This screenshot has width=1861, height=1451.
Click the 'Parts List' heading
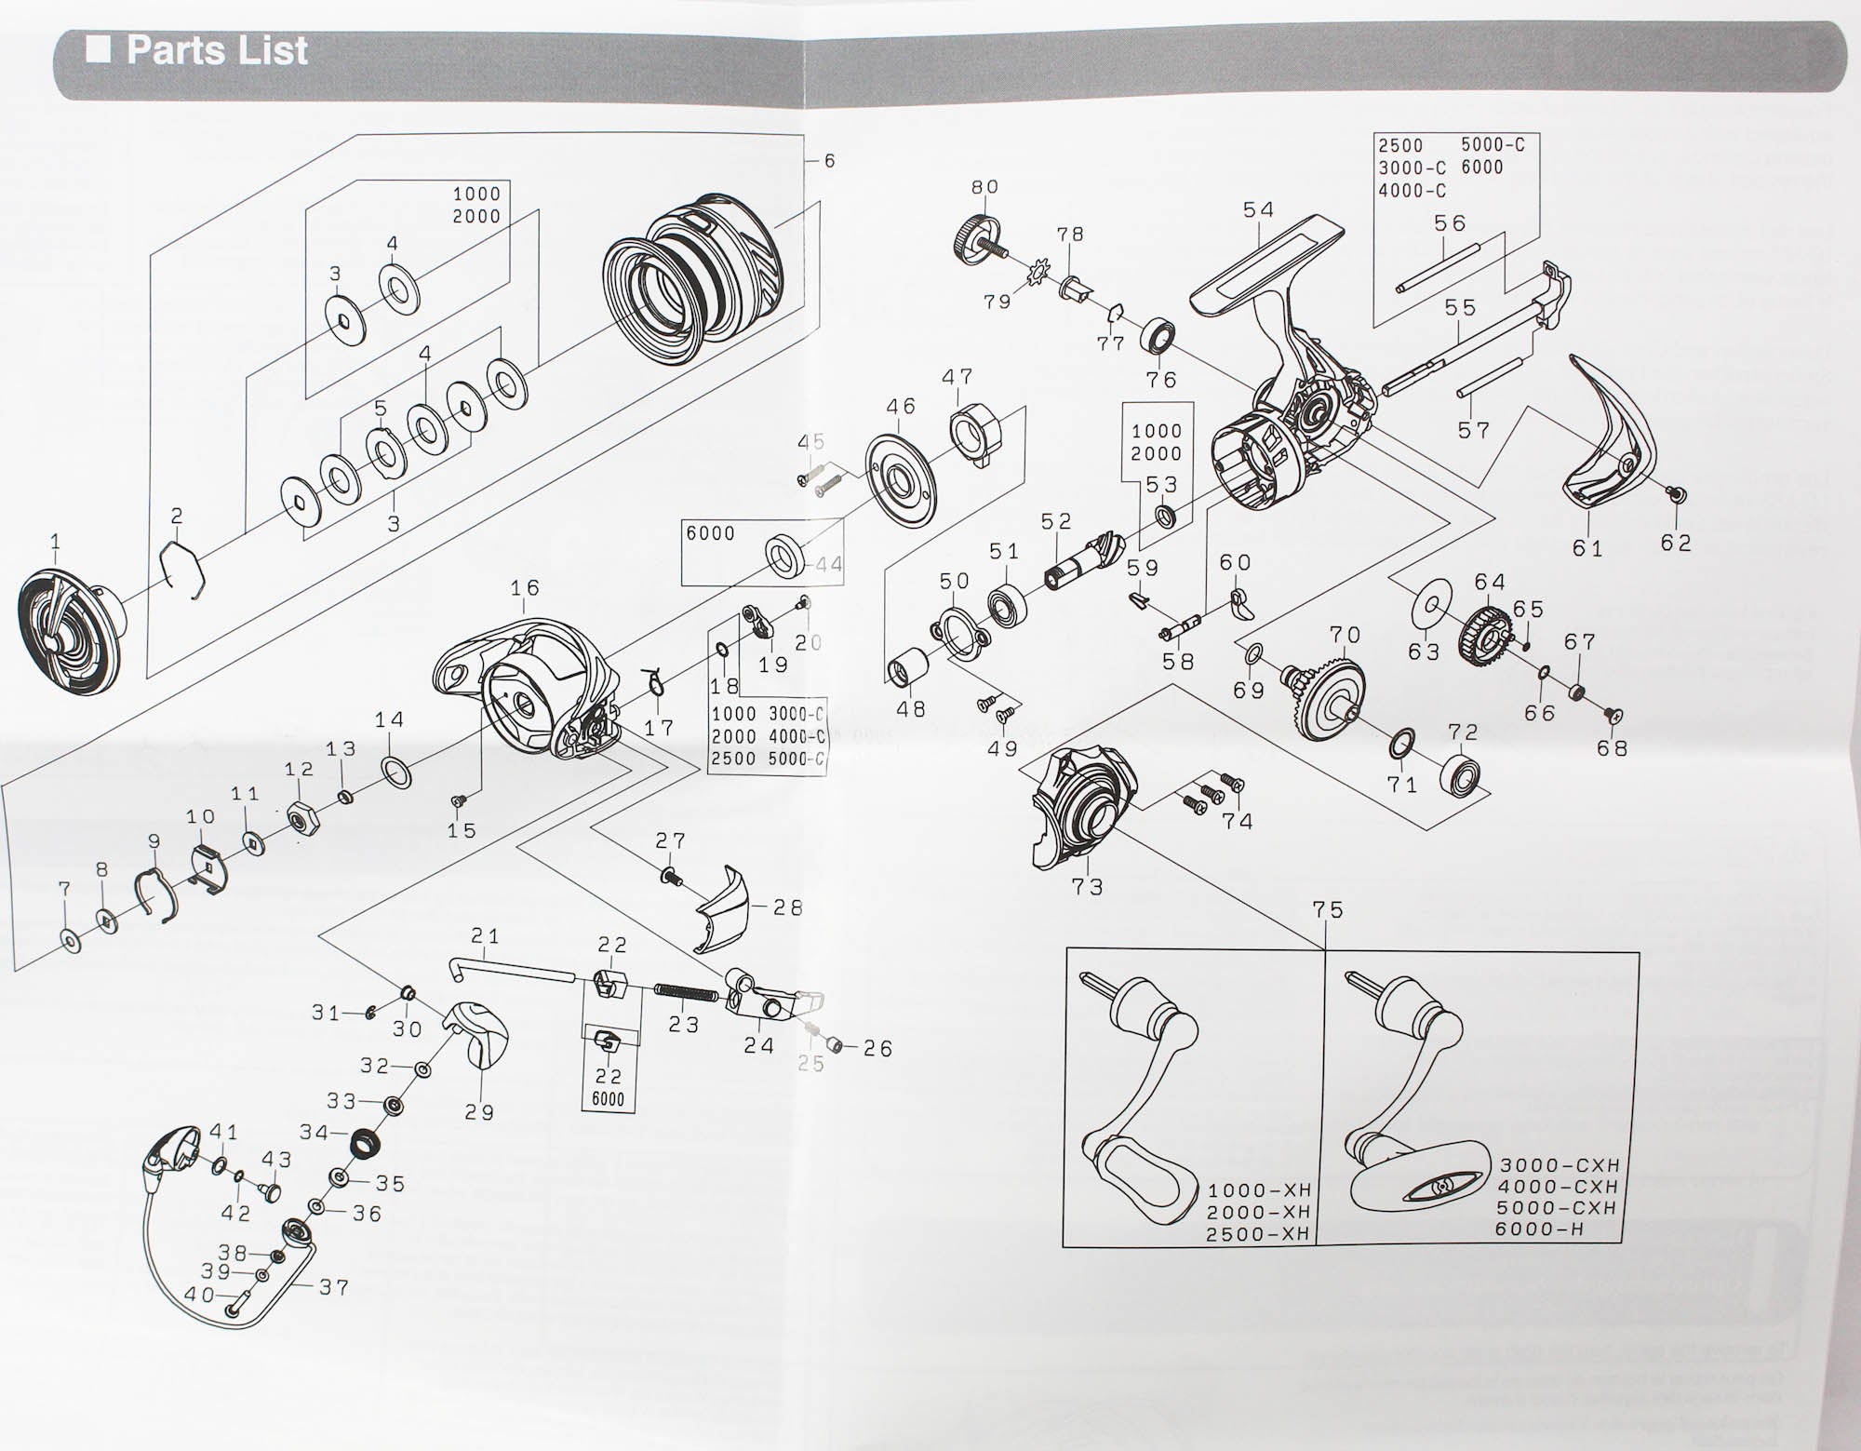coord(217,50)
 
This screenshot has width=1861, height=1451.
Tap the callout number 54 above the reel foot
coord(1258,210)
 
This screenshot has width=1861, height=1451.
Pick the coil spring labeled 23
coord(685,992)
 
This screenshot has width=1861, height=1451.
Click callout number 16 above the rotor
coord(525,588)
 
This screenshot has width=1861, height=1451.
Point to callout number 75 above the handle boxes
coord(1328,909)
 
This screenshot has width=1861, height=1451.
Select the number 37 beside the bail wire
coord(333,1287)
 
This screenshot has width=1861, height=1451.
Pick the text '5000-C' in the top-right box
coord(1493,144)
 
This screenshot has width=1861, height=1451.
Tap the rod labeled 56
coord(1439,270)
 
